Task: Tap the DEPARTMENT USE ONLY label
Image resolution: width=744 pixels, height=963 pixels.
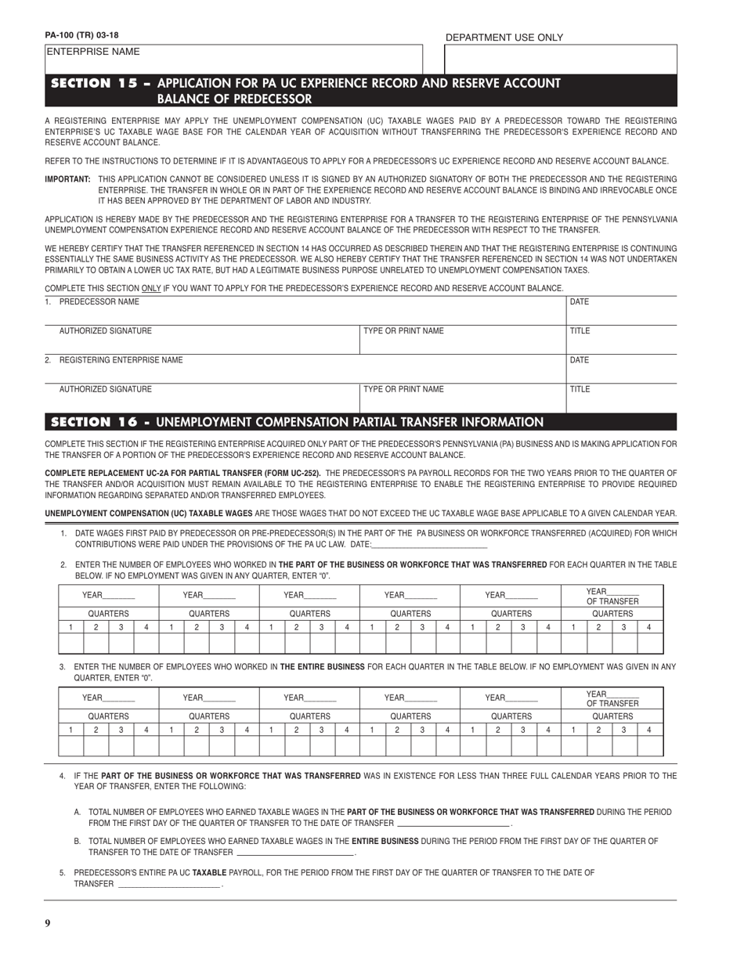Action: click(504, 38)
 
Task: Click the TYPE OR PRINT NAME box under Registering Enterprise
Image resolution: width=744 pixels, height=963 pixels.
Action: click(462, 398)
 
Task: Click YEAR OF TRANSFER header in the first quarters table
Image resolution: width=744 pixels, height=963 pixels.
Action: click(612, 596)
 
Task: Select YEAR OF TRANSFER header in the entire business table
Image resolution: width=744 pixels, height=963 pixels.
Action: click(612, 698)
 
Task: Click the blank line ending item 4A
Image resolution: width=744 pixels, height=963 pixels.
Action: click(453, 824)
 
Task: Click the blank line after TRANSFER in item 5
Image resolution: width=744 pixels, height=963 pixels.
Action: click(168, 884)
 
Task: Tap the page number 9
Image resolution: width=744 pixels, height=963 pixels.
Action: click(48, 923)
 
